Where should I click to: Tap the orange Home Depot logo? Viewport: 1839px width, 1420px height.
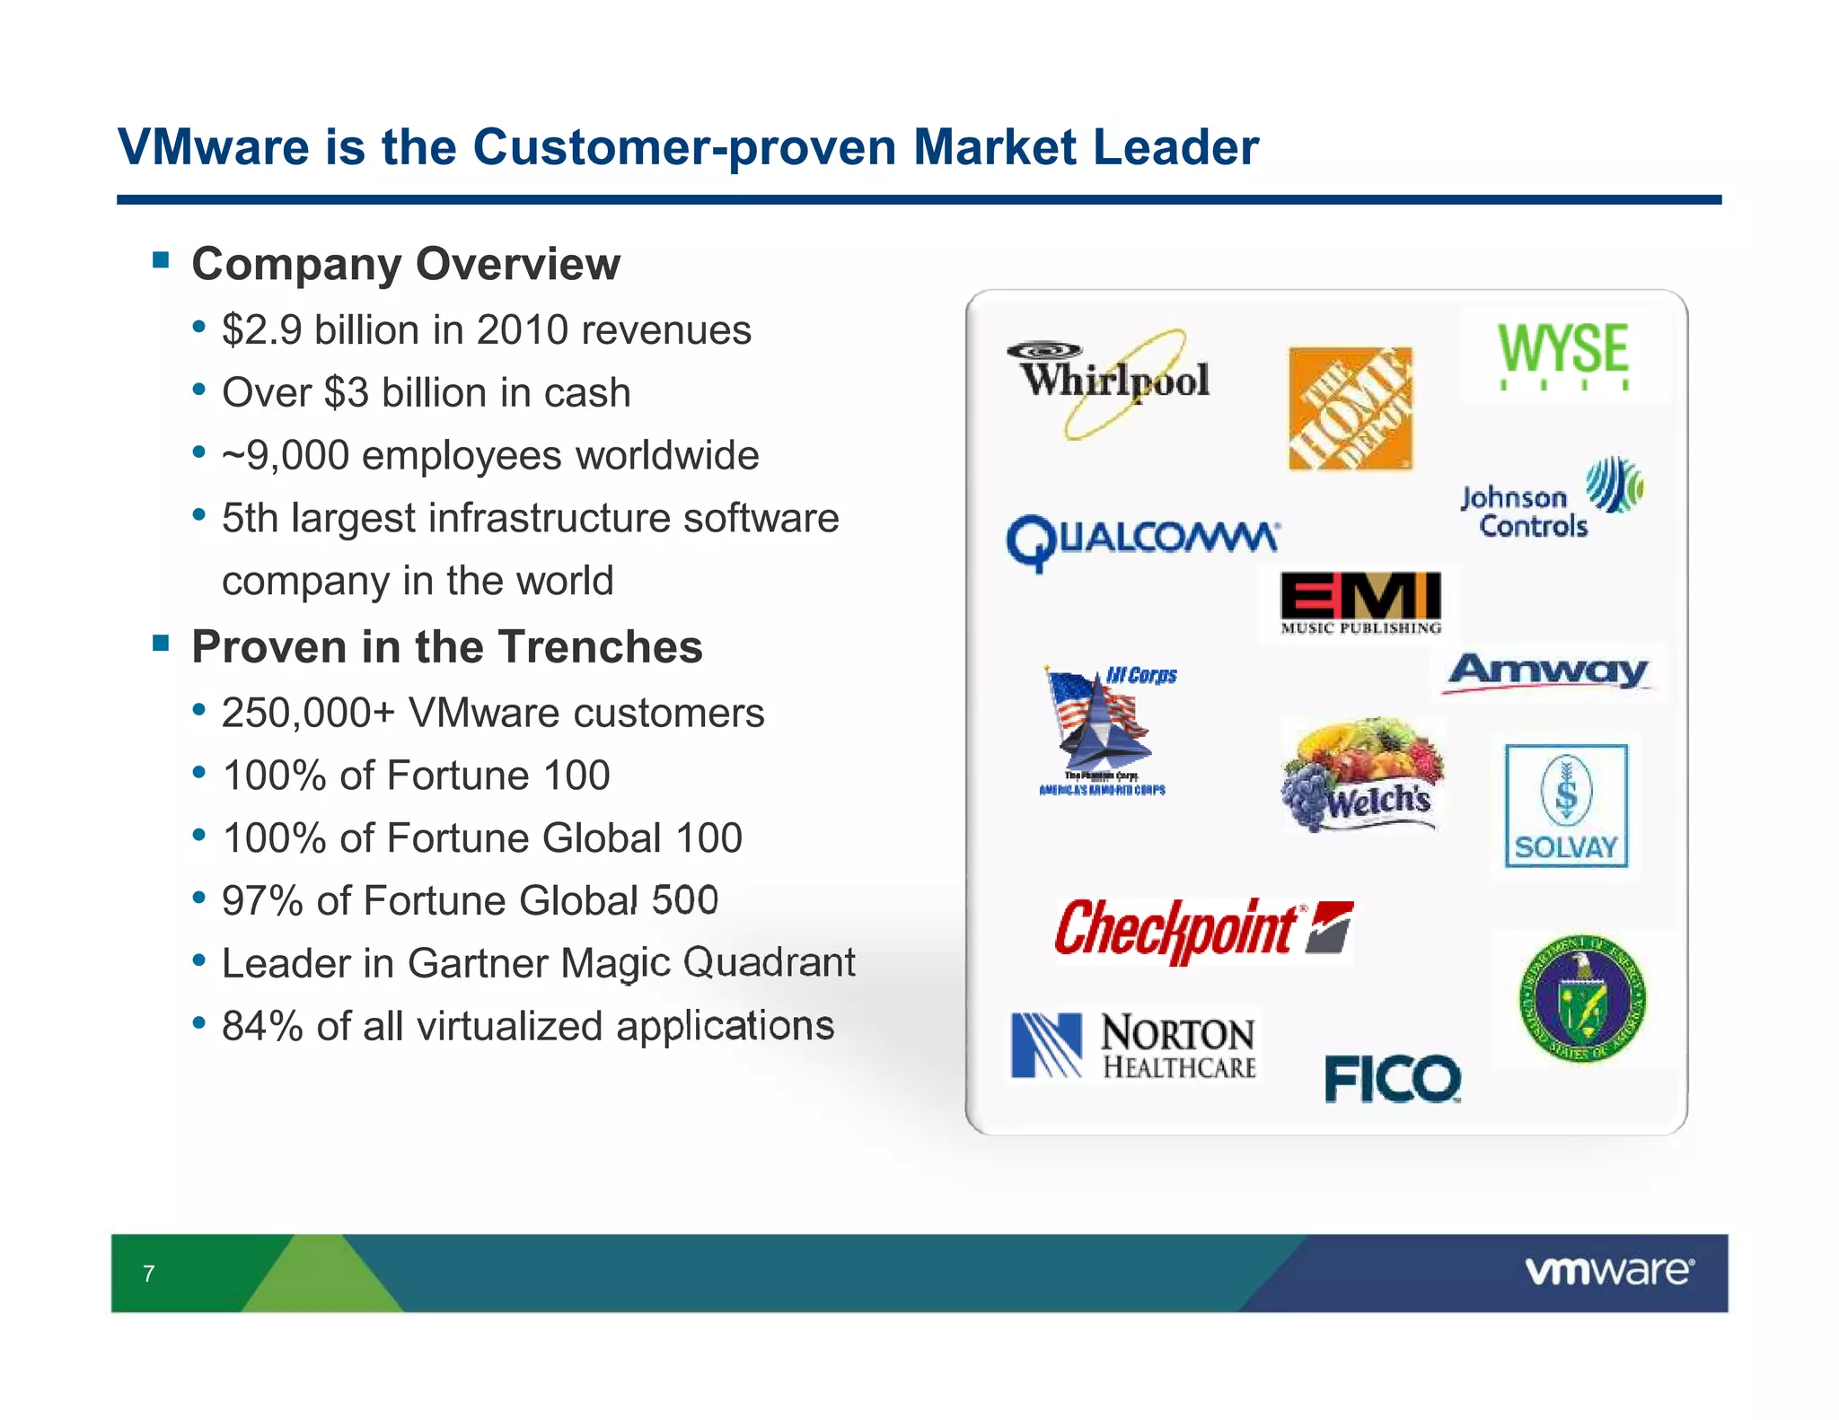tap(1350, 408)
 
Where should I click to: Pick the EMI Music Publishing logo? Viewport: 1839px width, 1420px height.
tap(1360, 602)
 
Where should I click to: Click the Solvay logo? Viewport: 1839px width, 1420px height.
tap(1566, 805)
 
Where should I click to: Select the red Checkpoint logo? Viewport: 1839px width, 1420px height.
tap(1202, 930)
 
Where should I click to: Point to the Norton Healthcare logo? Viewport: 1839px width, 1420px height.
tap(1133, 1046)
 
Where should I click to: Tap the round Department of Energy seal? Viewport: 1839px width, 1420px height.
tap(1582, 998)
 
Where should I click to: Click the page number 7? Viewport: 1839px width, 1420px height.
tap(149, 1273)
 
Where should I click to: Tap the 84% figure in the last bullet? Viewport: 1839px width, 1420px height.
tap(262, 1026)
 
